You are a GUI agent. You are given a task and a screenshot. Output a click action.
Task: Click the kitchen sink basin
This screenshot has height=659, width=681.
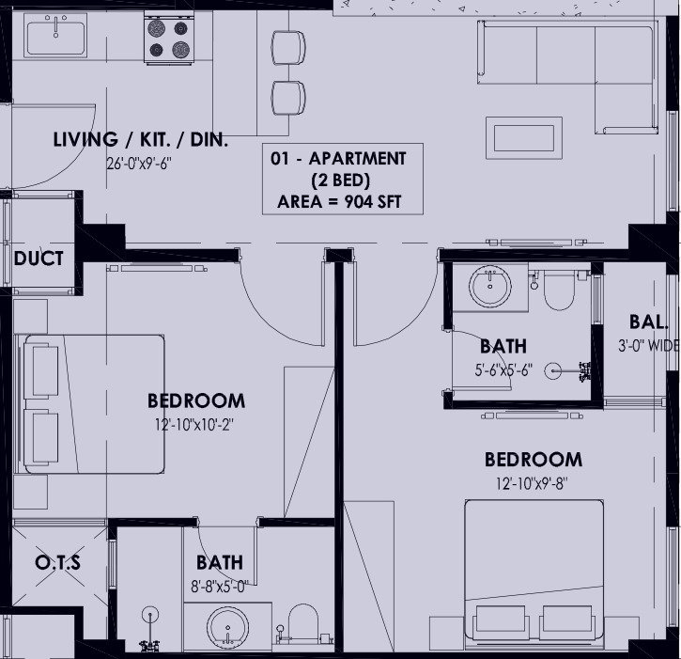point(55,35)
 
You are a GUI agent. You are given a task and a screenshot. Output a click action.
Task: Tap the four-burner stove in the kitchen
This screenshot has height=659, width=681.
point(168,39)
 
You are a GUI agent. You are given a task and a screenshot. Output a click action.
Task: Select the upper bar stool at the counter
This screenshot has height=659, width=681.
point(288,48)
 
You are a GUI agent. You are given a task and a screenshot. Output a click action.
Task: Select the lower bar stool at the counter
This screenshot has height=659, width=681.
point(288,98)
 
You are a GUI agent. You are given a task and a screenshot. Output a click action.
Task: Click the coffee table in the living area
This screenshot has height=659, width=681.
point(524,138)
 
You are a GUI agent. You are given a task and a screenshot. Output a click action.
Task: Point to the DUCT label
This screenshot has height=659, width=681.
point(39,259)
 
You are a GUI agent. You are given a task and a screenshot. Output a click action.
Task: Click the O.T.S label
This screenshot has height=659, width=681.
point(57,562)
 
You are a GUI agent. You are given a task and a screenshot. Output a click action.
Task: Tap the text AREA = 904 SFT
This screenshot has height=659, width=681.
point(339,202)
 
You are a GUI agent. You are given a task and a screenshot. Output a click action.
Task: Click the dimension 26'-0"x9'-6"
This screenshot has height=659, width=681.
point(139,164)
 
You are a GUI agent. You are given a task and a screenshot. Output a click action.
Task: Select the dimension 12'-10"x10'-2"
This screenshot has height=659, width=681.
point(194,425)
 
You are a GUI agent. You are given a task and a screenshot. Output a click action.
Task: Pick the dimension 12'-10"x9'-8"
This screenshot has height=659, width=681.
point(533,483)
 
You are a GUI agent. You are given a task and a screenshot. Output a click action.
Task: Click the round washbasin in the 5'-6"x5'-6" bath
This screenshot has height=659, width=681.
point(490,287)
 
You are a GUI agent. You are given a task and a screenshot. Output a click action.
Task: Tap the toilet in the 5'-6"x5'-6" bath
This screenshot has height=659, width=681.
point(560,288)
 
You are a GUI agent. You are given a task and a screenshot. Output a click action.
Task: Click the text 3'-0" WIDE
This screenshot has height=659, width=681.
point(649,346)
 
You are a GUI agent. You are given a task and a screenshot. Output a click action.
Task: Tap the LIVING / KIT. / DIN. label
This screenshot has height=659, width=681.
point(141,140)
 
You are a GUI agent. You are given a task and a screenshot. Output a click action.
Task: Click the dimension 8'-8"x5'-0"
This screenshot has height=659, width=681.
point(219,588)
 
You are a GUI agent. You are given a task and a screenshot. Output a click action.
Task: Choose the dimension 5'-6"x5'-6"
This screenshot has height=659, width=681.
point(503,370)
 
